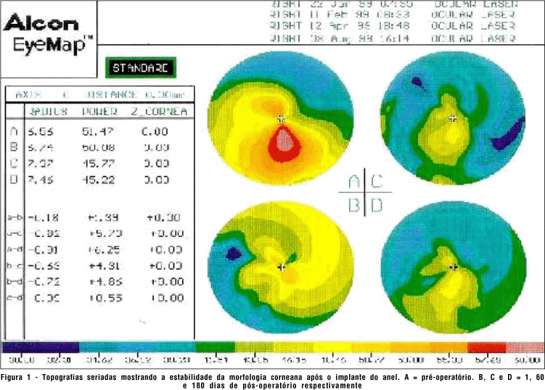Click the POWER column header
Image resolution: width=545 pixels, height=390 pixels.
point(100,112)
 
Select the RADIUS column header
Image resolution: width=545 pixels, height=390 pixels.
point(48,112)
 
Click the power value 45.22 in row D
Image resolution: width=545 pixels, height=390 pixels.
point(99,179)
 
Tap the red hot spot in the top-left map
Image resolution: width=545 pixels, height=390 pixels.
point(283,145)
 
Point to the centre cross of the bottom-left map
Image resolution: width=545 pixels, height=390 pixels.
point(282,267)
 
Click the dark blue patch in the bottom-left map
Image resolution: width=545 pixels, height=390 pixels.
point(234,254)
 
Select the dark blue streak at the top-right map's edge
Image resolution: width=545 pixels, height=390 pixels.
point(512,131)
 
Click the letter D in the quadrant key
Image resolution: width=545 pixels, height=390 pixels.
point(377,205)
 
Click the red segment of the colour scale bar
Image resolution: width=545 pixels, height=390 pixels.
point(480,347)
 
